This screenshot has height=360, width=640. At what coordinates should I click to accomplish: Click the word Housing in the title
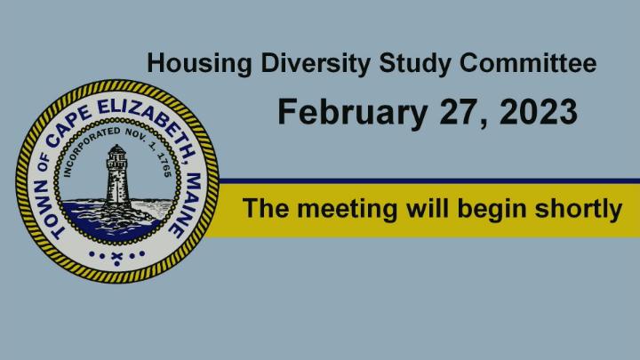[x=199, y=64]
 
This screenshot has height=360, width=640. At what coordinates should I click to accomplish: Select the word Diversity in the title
[x=316, y=64]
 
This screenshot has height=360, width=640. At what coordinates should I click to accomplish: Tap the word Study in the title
[x=415, y=64]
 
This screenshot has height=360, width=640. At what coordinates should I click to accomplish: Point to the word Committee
[x=528, y=63]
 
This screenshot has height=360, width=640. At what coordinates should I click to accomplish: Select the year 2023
[x=539, y=111]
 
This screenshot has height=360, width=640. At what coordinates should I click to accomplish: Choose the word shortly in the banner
[x=578, y=209]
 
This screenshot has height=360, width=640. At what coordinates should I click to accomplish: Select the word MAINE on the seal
[x=188, y=205]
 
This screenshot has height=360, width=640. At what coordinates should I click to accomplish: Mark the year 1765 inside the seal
[x=164, y=165]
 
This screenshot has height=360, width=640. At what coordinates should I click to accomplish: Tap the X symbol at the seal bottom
[x=117, y=257]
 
